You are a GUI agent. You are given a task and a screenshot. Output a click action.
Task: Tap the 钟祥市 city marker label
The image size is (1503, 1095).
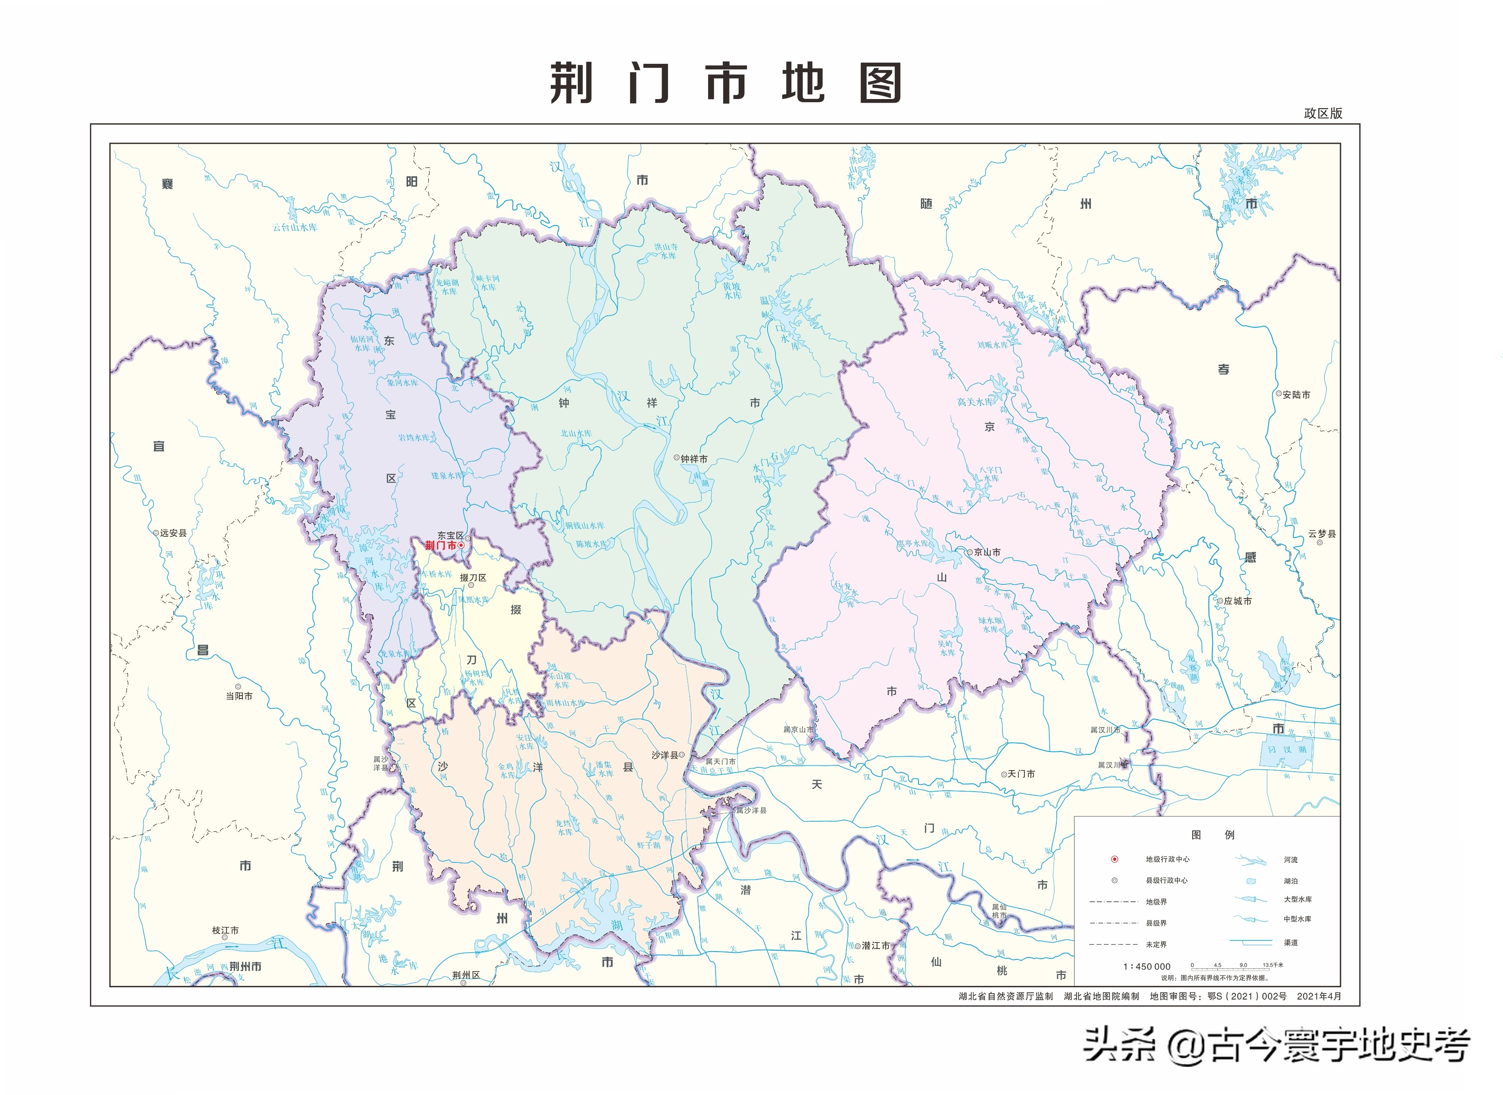[x=693, y=459]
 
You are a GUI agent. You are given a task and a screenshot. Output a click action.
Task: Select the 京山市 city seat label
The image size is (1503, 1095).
[x=987, y=552]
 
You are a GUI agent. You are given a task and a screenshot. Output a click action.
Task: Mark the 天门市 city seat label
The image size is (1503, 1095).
[x=1021, y=774]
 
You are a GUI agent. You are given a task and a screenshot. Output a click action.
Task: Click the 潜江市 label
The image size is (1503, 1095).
[x=875, y=946]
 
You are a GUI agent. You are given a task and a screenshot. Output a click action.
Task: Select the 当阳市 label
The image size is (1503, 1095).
[x=239, y=696]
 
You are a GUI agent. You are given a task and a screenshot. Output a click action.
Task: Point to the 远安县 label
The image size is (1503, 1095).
[x=173, y=533]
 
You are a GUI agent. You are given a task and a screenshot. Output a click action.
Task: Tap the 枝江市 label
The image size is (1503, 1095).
[x=225, y=931]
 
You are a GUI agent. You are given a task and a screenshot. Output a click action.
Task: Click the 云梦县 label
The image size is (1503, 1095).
[x=1322, y=534]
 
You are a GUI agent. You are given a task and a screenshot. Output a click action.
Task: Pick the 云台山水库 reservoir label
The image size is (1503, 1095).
[x=295, y=227]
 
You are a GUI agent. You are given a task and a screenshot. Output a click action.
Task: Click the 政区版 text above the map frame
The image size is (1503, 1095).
[x=1323, y=113]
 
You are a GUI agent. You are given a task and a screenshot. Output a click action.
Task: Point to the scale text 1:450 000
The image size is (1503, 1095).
[x=1147, y=966]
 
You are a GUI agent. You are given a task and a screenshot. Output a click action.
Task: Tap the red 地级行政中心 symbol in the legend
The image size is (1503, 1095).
[x=1115, y=859]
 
